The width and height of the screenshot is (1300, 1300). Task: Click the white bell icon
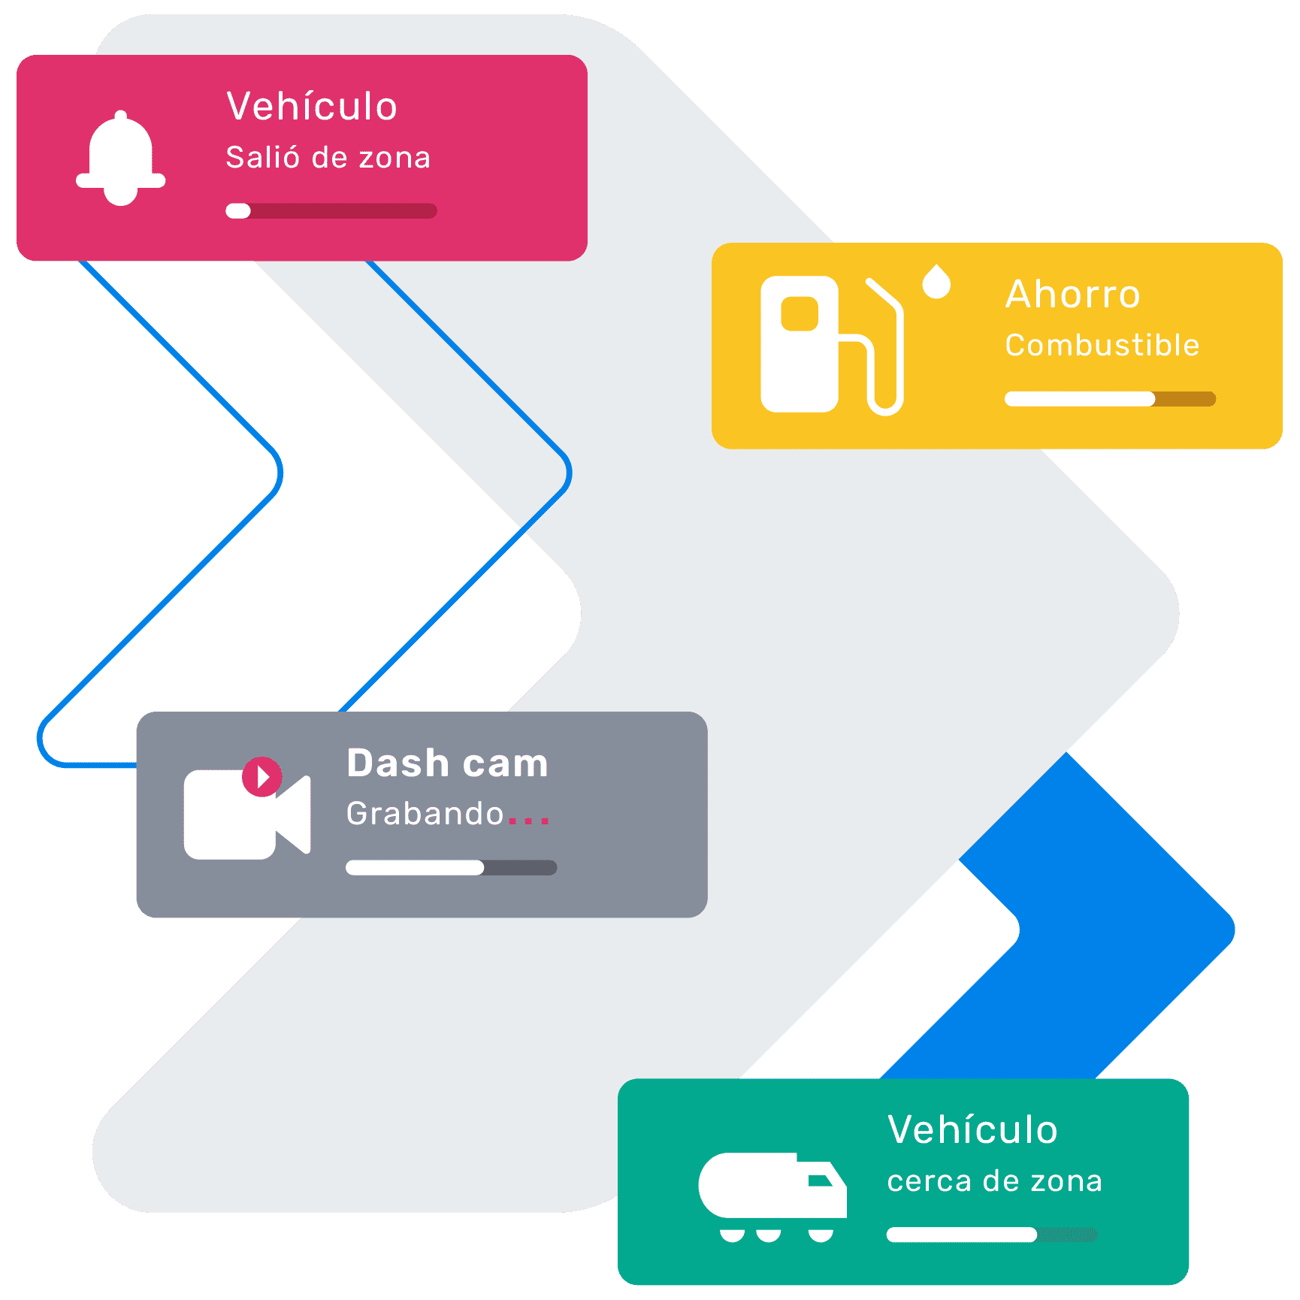120,159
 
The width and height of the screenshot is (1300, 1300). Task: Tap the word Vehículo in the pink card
312,106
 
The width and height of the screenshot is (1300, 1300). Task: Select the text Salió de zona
328,158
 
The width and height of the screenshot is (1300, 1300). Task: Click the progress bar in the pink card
331,211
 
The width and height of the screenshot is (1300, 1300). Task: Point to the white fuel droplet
936,282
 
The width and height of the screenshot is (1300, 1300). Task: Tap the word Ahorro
1073,294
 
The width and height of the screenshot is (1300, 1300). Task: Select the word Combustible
1102,346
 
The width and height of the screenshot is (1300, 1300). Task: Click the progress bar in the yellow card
1110,399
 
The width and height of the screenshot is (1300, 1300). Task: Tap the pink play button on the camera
262,776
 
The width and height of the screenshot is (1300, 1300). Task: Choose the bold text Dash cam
448,763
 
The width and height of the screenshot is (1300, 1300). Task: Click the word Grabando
425,814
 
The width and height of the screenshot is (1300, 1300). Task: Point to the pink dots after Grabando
529,821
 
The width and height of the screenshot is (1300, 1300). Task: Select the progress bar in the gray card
451,868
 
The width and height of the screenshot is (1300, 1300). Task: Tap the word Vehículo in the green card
972,1129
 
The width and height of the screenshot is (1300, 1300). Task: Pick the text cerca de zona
994,1181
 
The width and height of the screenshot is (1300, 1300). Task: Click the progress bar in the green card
991,1235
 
